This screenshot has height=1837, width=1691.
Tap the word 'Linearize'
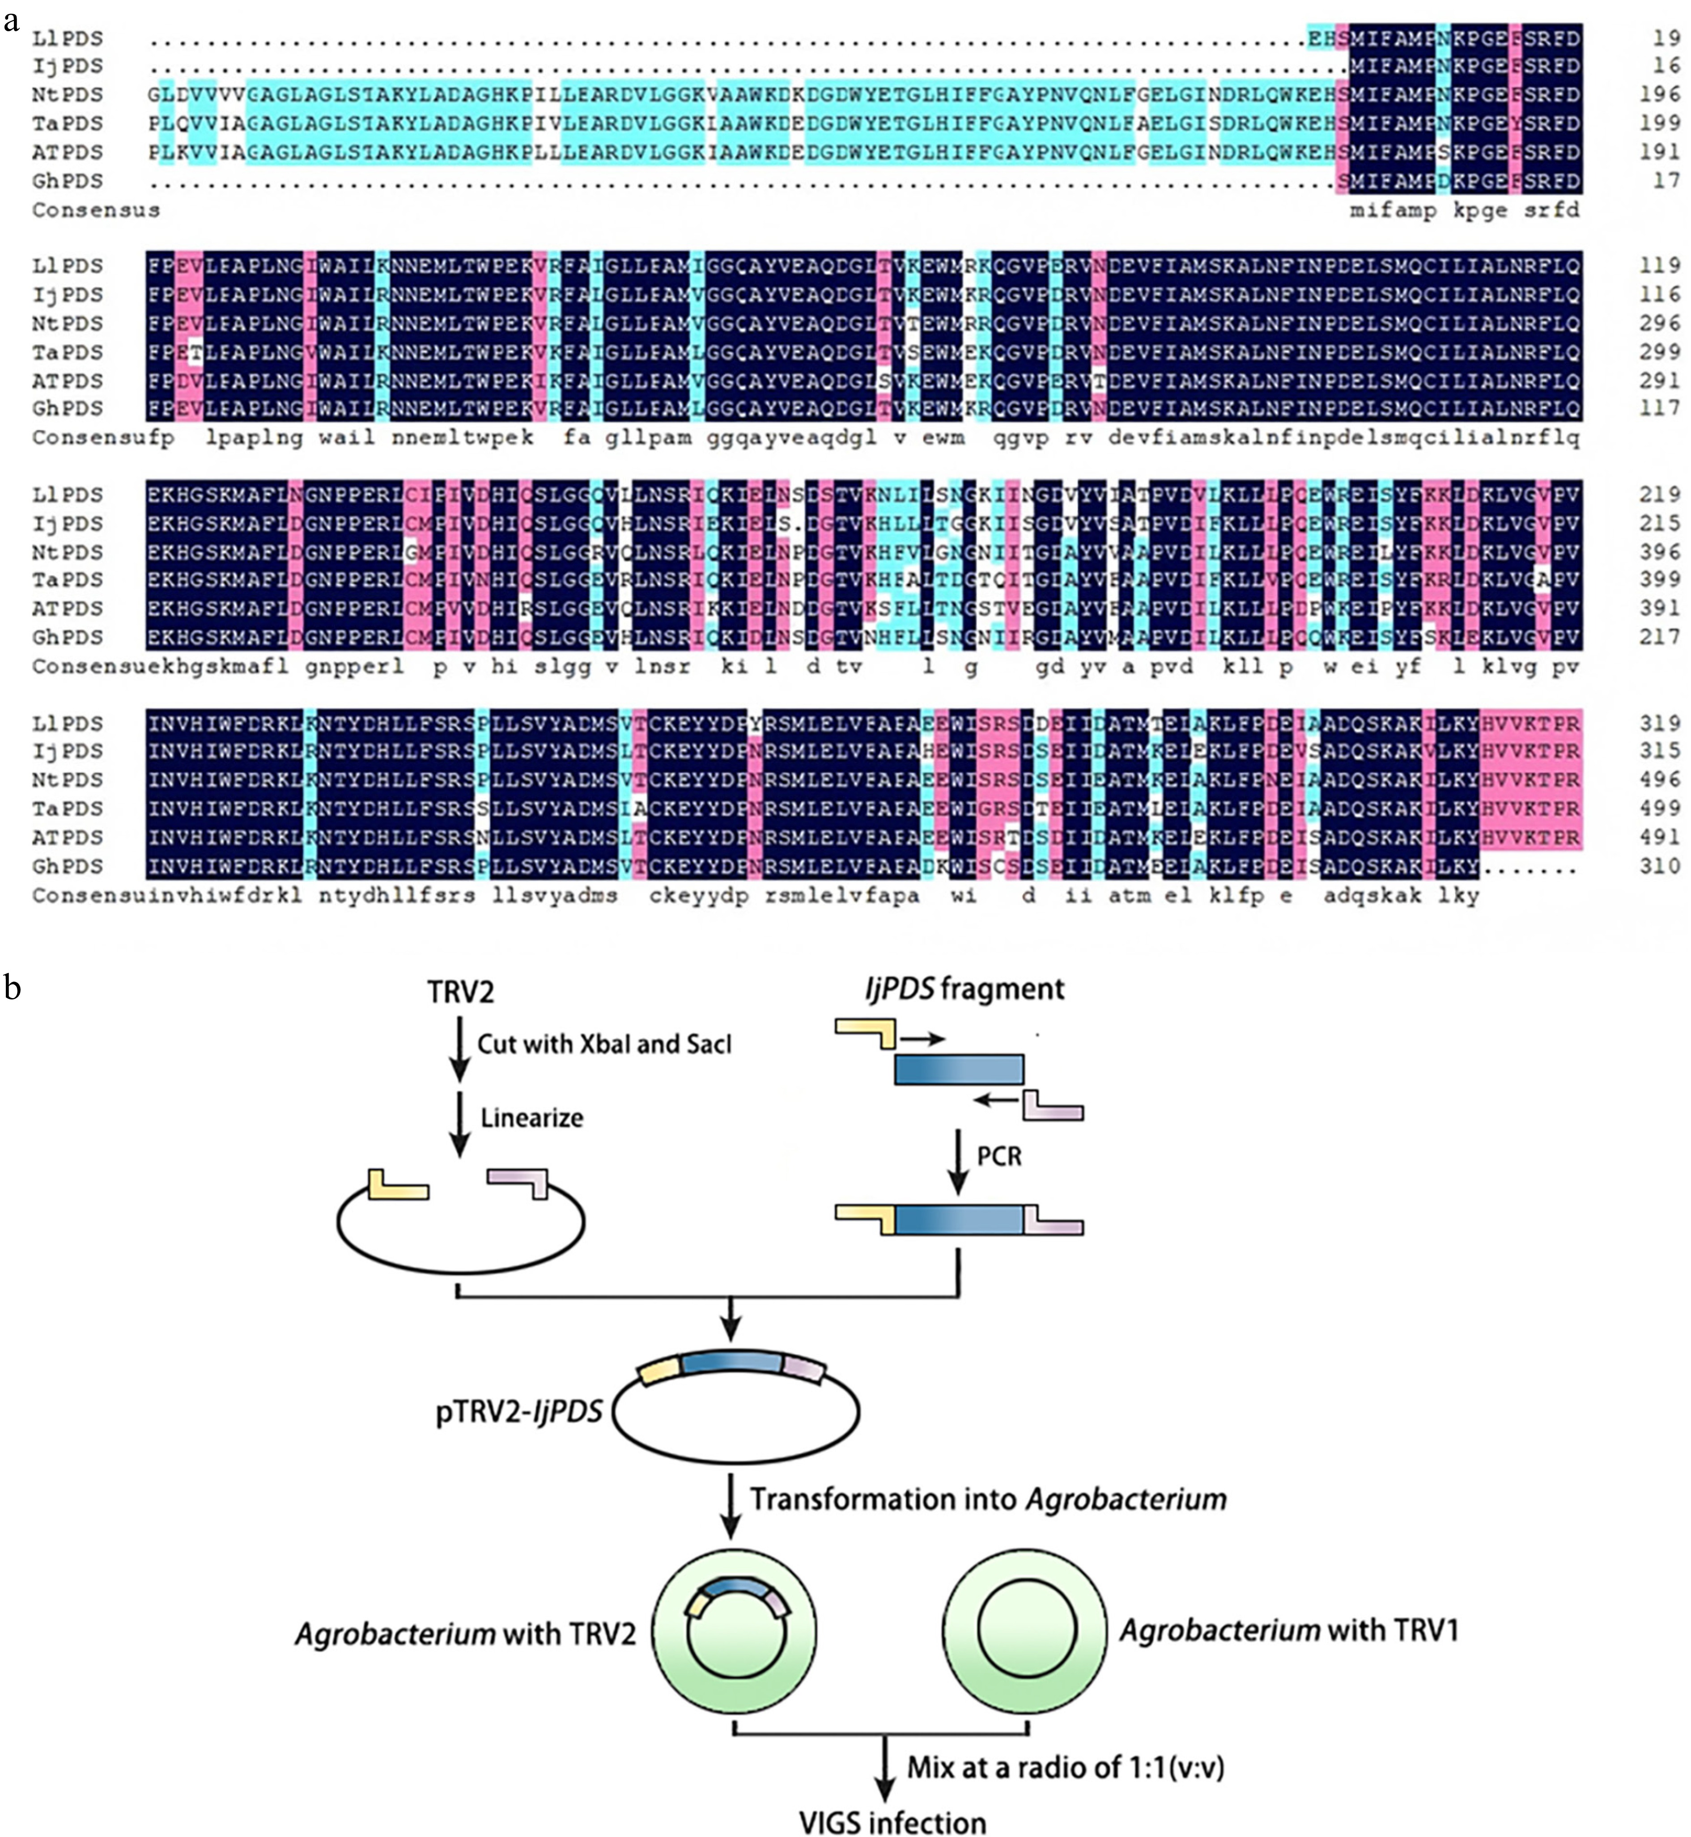(531, 1118)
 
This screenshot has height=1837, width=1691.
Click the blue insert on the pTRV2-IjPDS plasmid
(732, 1362)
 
